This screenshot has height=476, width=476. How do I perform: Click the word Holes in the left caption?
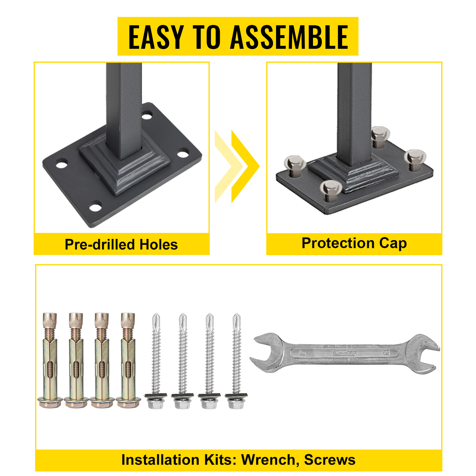(x=159, y=245)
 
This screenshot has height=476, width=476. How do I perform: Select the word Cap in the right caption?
(x=393, y=243)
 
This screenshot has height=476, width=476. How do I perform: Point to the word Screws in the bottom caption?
(x=330, y=460)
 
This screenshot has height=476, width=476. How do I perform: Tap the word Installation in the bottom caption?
(x=162, y=460)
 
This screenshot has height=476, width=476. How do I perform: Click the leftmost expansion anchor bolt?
(x=50, y=360)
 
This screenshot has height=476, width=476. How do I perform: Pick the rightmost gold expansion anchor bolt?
(x=128, y=360)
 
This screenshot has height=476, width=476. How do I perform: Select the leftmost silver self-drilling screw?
(x=156, y=360)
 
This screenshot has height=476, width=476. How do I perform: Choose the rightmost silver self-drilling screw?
(x=236, y=360)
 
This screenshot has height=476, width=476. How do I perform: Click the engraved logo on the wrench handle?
(x=345, y=353)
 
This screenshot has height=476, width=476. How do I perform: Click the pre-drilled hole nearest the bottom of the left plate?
(x=95, y=207)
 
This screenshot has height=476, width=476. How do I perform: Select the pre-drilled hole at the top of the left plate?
(x=147, y=115)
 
